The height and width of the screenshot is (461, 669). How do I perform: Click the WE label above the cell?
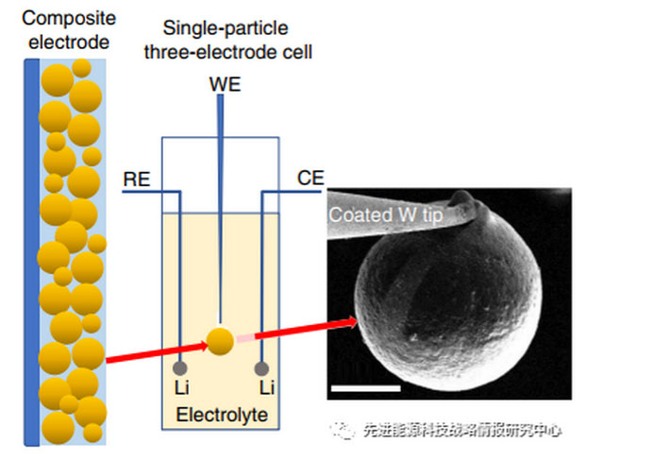tap(225, 85)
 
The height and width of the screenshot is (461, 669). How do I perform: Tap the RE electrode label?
tap(138, 178)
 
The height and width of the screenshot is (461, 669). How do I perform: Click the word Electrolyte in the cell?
tap(222, 415)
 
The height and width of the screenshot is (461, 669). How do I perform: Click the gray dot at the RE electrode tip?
tap(179, 368)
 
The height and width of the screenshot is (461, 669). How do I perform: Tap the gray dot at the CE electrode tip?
tap(262, 368)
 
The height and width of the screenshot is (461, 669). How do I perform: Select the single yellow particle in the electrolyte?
tap(221, 341)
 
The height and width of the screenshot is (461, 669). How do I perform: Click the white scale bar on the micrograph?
tap(366, 386)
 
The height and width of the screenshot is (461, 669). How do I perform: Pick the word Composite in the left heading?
tap(59, 18)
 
